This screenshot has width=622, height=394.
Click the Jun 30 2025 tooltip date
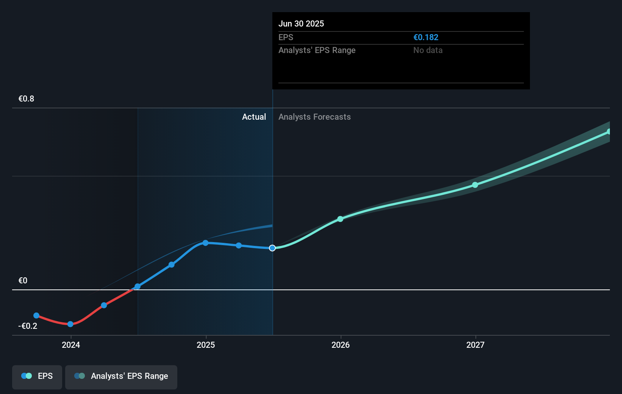point(301,23)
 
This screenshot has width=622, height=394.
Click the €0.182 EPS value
point(426,37)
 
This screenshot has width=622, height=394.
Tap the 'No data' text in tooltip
point(428,50)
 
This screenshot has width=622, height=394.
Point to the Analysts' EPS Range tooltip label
point(317,50)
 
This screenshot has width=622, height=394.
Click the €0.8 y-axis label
point(26,98)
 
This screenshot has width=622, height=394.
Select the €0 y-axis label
point(23,280)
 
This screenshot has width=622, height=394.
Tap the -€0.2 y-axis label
point(28,326)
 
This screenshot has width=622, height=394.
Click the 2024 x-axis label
point(71,345)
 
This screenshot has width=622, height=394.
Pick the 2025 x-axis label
point(206,345)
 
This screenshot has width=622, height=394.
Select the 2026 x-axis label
point(341,345)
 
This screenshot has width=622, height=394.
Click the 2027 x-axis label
point(475,345)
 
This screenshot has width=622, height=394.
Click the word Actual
point(254,117)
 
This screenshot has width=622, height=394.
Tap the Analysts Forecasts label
point(314,117)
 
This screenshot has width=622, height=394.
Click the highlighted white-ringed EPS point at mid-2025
point(272,248)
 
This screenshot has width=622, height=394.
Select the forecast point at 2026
point(340,219)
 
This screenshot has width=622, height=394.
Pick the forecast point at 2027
point(475,185)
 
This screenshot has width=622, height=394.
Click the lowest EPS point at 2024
point(70,324)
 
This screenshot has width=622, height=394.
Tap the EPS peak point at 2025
point(205,243)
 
